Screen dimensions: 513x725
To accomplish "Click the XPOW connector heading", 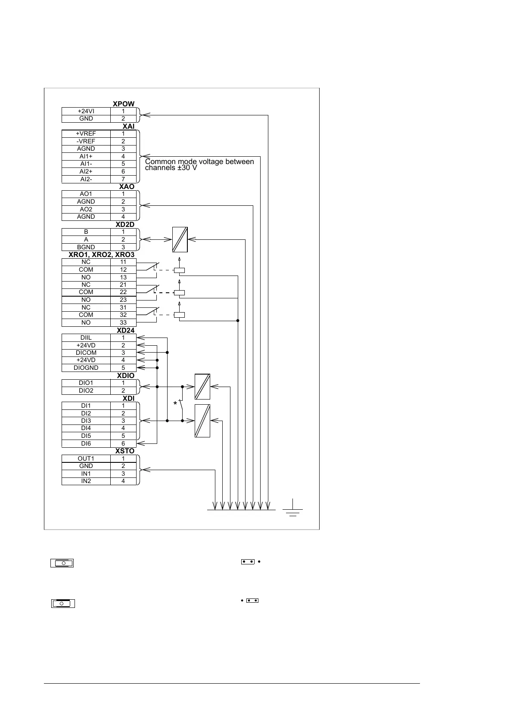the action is pyautogui.click(x=124, y=104).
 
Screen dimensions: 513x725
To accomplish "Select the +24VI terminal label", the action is pyautogui.click(x=86, y=111).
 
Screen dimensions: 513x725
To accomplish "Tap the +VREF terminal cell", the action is pyautogui.click(x=86, y=133).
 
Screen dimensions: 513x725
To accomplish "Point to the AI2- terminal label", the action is pyautogui.click(x=86, y=179).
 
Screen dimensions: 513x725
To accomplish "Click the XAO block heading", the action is pyautogui.click(x=127, y=187).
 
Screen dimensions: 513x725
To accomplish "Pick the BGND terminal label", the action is pyautogui.click(x=86, y=247).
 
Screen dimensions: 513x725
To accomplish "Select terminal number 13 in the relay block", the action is pyautogui.click(x=123, y=277).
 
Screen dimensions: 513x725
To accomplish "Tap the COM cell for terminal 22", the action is pyautogui.click(x=86, y=292).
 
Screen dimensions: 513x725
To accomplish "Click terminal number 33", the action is pyautogui.click(x=123, y=322).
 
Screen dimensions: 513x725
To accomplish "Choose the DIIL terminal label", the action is pyautogui.click(x=86, y=338).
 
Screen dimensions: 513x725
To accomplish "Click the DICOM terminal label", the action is pyautogui.click(x=86, y=353).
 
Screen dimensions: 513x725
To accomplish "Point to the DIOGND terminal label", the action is pyautogui.click(x=86, y=368).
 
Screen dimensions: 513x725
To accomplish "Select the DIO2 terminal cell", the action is pyautogui.click(x=86, y=390).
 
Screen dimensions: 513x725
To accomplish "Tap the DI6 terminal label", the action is pyautogui.click(x=86, y=443).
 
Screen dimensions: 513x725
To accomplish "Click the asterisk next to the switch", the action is pyautogui.click(x=175, y=404).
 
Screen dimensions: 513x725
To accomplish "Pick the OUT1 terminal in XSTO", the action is pyautogui.click(x=86, y=459).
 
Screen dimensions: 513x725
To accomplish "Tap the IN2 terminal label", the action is pyautogui.click(x=86, y=481).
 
